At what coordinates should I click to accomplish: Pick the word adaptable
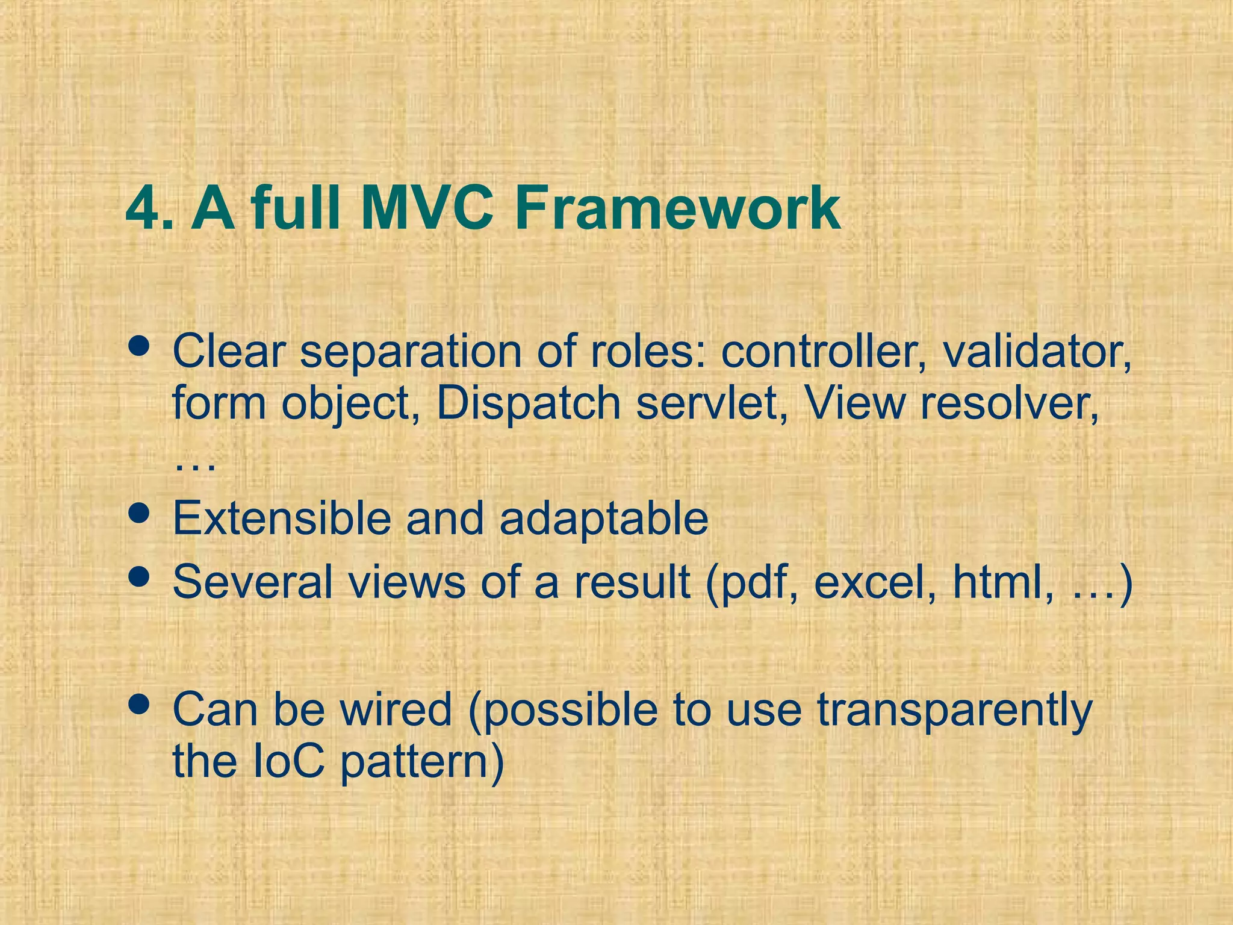[x=603, y=519]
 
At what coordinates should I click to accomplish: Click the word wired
[x=396, y=709]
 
